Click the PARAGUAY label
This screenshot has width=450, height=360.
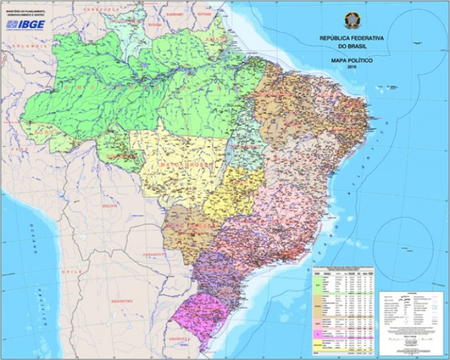pyautogui.click(x=155, y=254)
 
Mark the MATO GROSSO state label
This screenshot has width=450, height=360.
pyautogui.click(x=179, y=163)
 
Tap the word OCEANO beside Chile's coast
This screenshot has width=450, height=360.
pyautogui.click(x=34, y=237)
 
